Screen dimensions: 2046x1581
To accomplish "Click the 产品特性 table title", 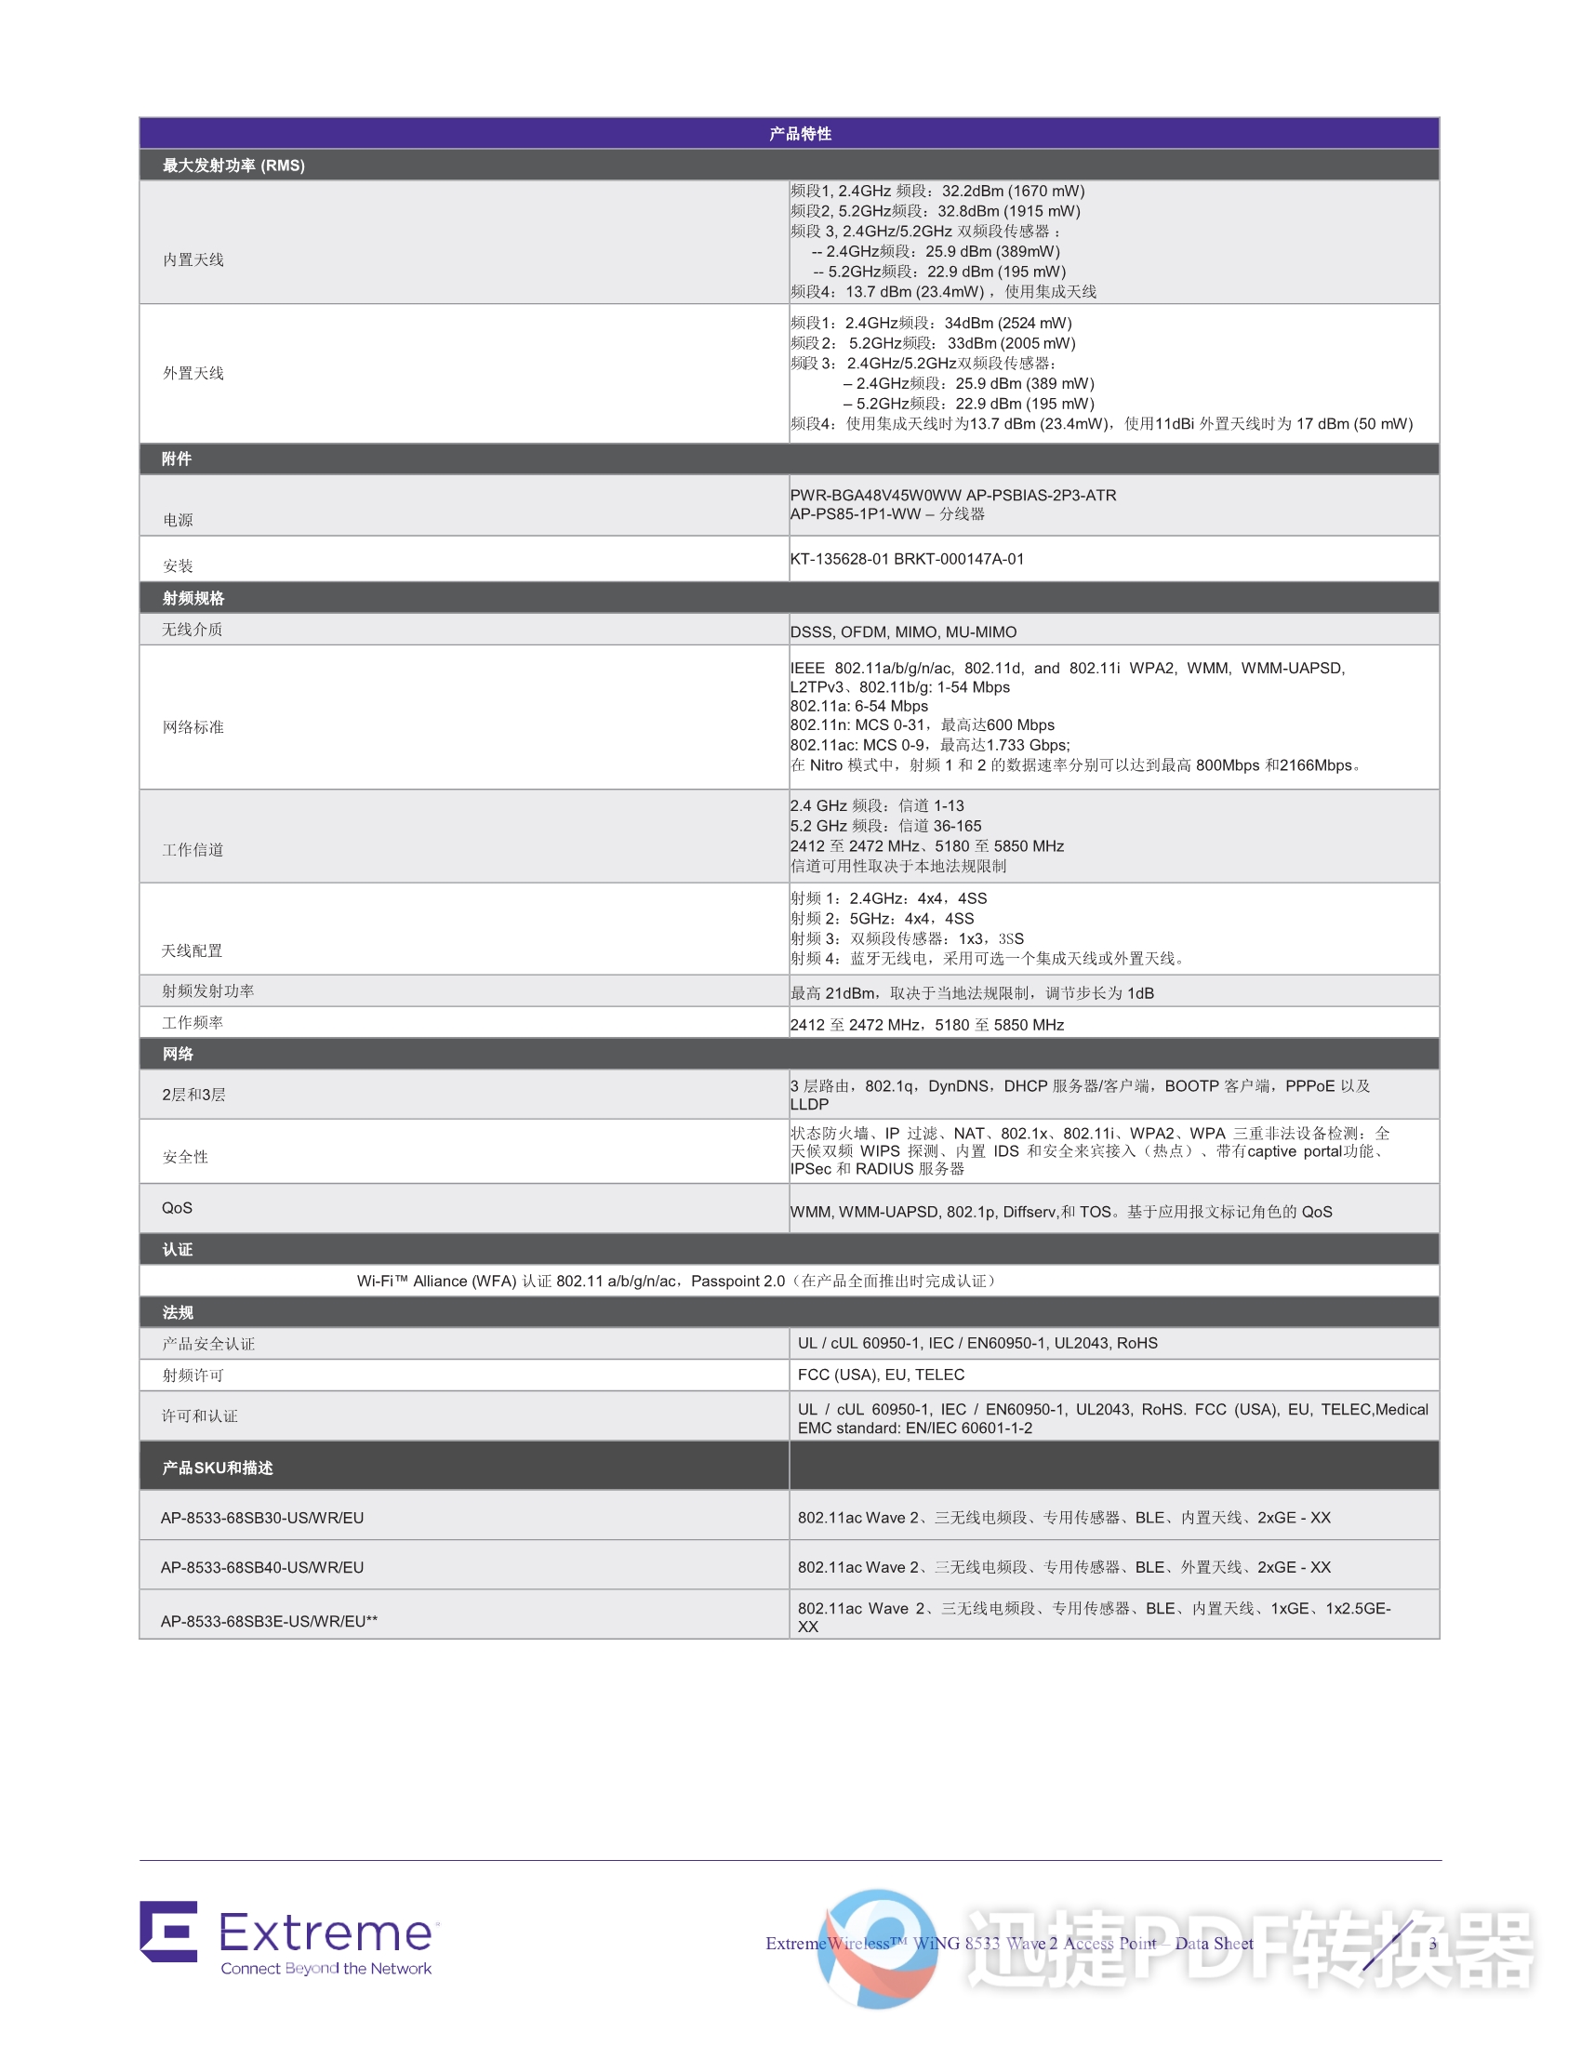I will point(800,134).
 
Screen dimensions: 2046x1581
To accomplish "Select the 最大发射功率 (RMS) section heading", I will point(233,166).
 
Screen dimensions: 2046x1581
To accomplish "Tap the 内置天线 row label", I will point(193,259).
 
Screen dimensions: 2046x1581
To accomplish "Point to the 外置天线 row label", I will point(193,373).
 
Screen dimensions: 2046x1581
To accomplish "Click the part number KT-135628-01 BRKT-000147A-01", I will point(907,559).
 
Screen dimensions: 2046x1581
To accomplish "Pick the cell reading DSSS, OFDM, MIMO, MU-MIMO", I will point(903,632).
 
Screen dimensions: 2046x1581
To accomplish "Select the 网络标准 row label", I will point(193,727).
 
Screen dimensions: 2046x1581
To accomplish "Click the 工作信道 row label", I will point(193,850).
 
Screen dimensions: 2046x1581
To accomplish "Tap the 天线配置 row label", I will point(192,950).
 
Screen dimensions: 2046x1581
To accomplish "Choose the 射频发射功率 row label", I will point(208,991).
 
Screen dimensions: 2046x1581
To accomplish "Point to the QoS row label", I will point(177,1208).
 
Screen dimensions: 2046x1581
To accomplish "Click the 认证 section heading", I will point(177,1250).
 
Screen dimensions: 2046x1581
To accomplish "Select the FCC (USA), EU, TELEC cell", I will point(881,1375).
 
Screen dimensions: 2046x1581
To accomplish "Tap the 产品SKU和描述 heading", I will point(218,1468).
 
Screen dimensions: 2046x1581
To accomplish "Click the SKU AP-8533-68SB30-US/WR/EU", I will point(262,1518).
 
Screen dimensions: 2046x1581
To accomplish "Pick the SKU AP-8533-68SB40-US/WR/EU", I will point(262,1567).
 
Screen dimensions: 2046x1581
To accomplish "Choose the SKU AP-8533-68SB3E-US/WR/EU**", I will point(269,1622).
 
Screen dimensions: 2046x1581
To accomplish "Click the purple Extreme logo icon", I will point(168,1931).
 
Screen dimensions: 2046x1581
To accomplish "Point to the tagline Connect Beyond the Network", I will point(325,1968).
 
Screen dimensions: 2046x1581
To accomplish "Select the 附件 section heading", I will point(176,459).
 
